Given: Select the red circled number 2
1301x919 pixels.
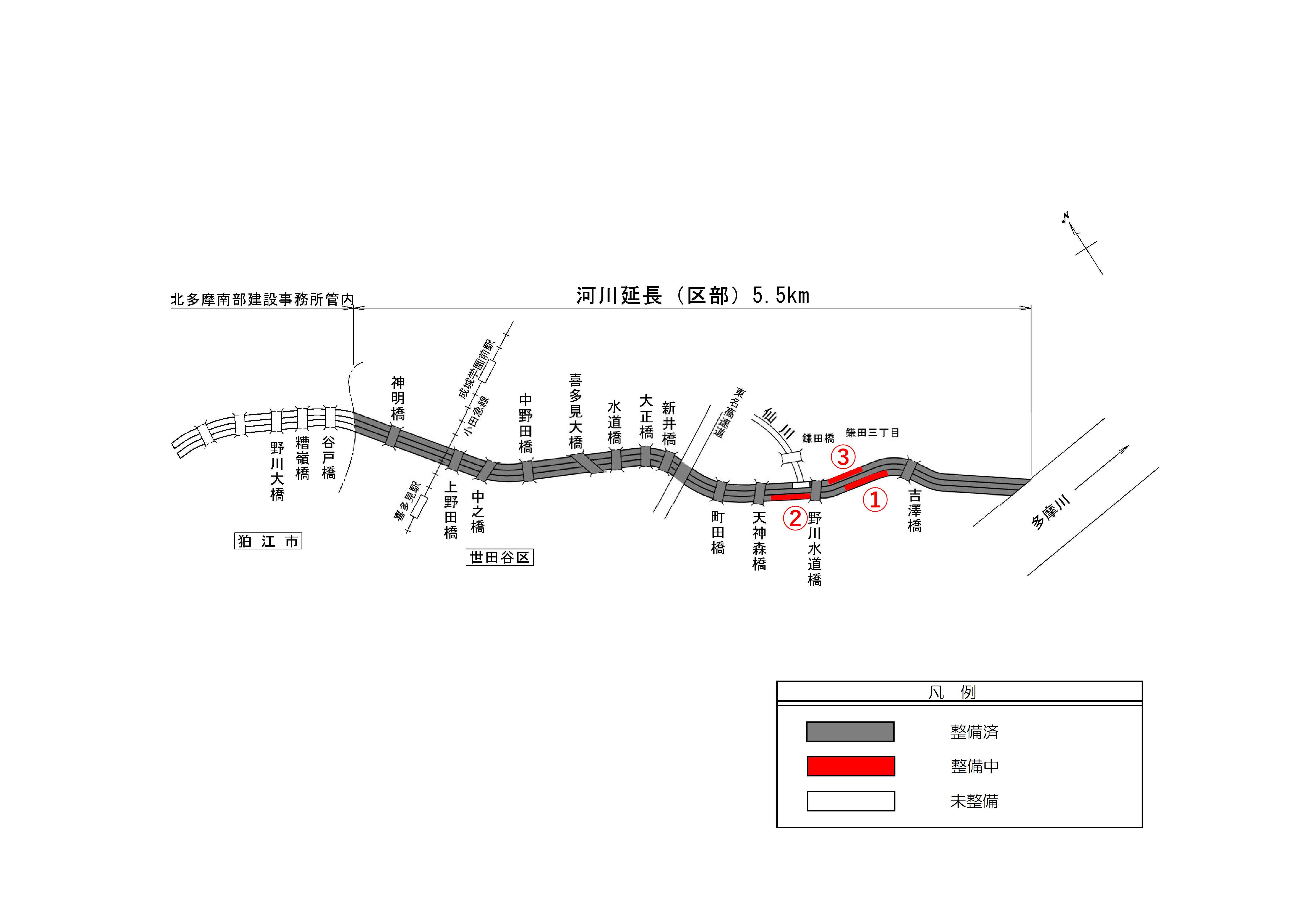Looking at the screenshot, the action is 795,518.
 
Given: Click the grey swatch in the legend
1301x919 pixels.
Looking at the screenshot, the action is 850,732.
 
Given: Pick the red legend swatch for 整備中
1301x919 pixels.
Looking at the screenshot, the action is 851,766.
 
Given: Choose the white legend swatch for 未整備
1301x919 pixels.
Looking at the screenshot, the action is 851,801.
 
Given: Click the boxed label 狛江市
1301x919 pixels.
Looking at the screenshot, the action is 268,541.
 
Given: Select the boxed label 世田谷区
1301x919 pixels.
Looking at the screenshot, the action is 499,558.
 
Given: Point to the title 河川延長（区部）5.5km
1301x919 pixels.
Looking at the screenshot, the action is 692,296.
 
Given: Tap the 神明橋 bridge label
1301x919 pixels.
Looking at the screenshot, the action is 398,399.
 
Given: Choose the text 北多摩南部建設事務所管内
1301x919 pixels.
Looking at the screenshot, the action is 262,300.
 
